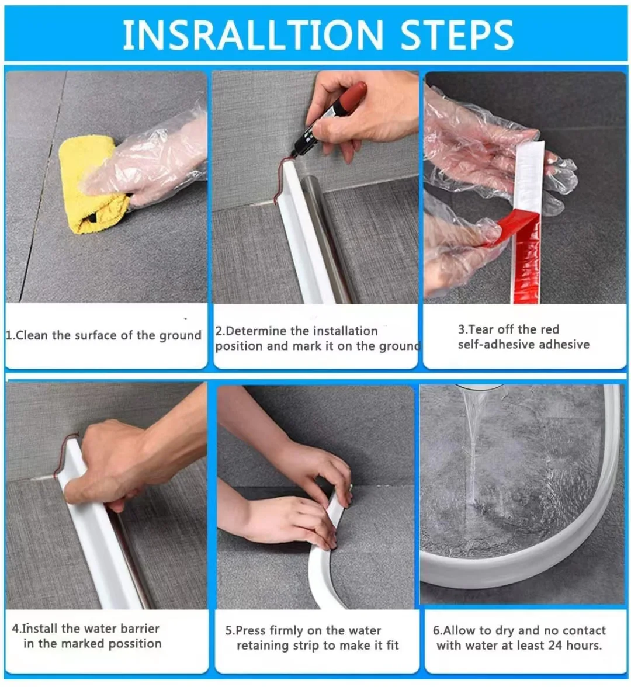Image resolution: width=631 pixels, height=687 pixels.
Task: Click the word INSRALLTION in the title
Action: pos(252,34)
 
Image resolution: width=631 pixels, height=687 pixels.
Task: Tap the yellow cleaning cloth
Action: pos(91,184)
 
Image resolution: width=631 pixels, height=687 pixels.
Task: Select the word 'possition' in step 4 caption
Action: pos(135,644)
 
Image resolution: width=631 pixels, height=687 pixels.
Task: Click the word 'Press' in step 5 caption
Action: pos(251,631)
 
